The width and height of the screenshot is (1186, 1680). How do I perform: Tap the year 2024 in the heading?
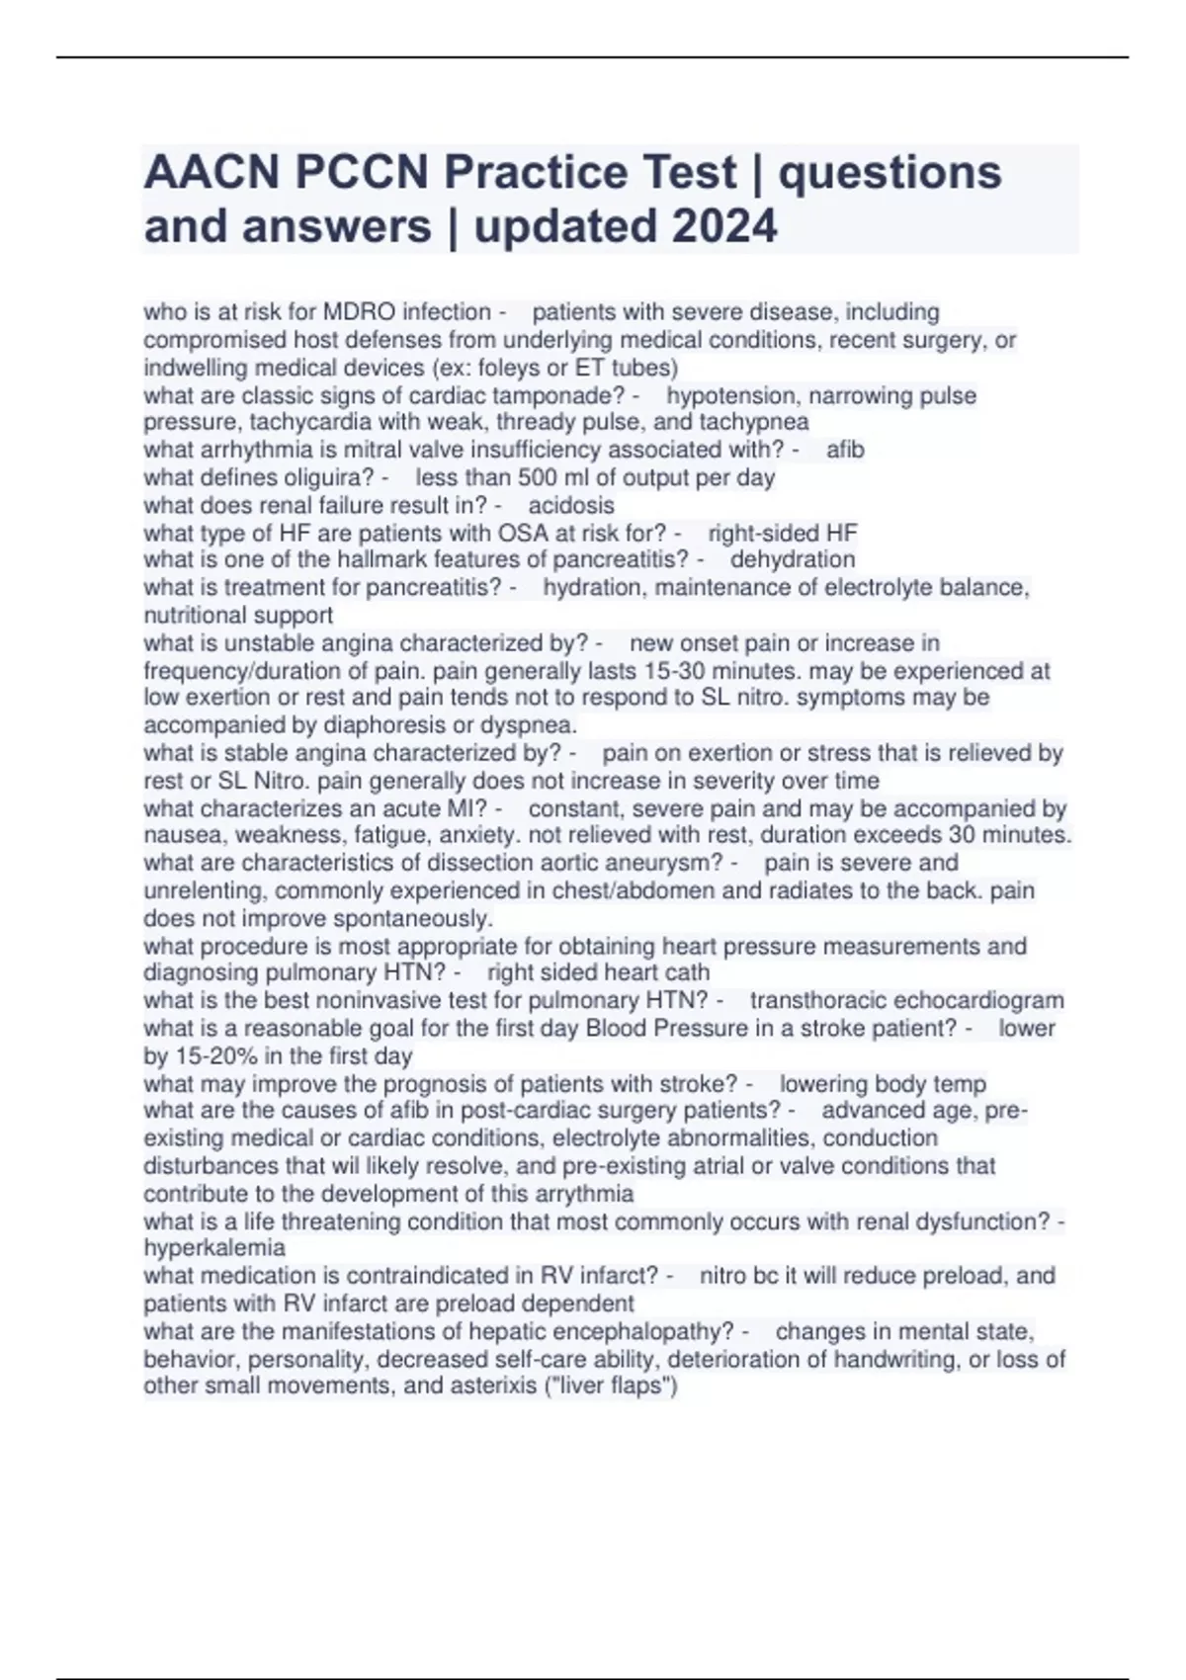[724, 226]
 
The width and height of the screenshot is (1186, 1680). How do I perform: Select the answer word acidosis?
[571, 506]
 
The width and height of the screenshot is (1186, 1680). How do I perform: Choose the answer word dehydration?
[793, 559]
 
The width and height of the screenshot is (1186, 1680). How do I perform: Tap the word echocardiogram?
[976, 1000]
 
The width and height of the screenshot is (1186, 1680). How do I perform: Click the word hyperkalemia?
[214, 1248]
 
